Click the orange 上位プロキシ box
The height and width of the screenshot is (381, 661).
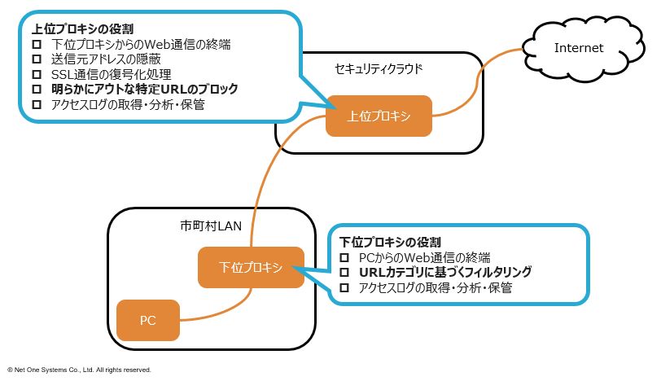click(379, 116)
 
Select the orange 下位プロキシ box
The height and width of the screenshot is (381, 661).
click(251, 267)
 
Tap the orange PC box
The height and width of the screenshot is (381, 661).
click(147, 320)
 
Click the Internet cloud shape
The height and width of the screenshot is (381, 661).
click(579, 47)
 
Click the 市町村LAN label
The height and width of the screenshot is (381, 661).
click(211, 226)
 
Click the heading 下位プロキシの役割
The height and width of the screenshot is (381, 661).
click(390, 243)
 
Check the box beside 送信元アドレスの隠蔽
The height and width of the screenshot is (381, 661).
click(36, 59)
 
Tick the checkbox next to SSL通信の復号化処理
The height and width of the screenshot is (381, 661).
click(36, 75)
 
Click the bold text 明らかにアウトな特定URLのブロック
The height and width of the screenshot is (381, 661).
click(144, 90)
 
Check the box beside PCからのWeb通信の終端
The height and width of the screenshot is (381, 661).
click(344, 258)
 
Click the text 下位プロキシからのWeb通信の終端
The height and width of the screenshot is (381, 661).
click(142, 44)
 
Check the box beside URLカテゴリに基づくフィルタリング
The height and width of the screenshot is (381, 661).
click(344, 273)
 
